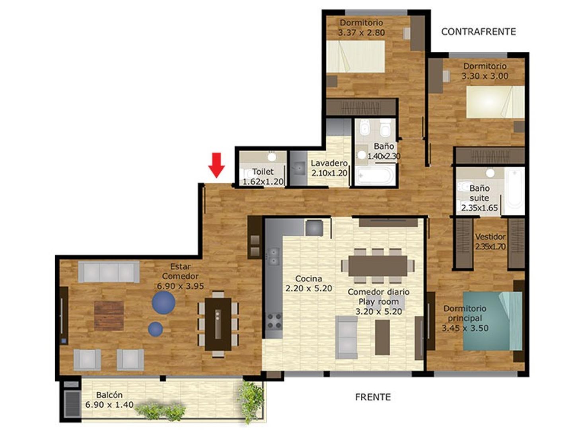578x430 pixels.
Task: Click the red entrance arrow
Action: coord(216,165)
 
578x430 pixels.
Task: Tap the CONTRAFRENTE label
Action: coord(479,32)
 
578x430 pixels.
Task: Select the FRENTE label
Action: coord(373,397)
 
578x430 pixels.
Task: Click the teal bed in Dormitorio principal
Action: coord(492,321)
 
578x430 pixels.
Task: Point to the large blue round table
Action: coord(163,303)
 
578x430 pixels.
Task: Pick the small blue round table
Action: coord(156,329)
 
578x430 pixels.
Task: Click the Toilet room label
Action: coord(263,172)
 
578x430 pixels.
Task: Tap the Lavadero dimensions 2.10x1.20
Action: coord(329,173)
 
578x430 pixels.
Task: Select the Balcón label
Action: coord(109,395)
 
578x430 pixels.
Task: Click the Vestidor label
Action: coord(490,236)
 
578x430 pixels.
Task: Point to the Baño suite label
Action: coord(479,193)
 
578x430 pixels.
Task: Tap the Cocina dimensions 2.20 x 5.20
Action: coord(309,288)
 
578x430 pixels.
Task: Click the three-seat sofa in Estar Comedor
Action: coord(109,272)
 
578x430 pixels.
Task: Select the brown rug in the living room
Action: coord(109,316)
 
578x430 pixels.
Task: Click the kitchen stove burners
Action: coord(274,321)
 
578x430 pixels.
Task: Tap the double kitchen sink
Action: coord(273,257)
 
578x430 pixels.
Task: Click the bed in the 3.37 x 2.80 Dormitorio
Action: coord(356,57)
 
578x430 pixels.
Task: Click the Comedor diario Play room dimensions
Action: coord(379,311)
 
